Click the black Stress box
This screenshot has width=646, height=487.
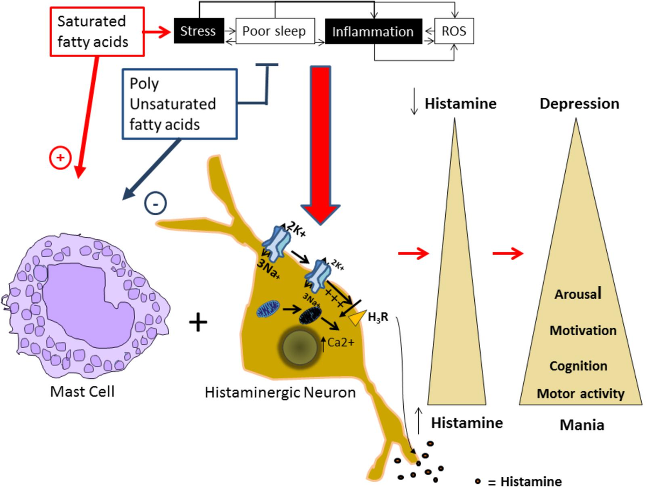coord(199,31)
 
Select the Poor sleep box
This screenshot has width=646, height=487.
coord(274,31)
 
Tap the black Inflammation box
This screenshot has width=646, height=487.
coord(373,31)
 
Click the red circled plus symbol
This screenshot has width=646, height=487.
coord(60,158)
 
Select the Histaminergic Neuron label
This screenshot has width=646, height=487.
coord(280,392)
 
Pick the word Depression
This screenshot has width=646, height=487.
coord(579,104)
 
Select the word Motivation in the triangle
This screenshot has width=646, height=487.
coord(582,330)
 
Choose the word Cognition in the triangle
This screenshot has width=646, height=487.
coord(578,366)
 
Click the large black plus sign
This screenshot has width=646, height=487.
coord(199,322)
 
